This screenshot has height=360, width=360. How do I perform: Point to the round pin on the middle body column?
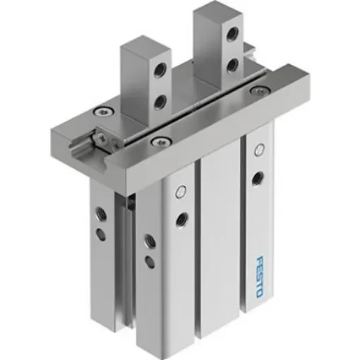point(183,190)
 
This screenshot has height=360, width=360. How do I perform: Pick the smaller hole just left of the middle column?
point(150,262)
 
